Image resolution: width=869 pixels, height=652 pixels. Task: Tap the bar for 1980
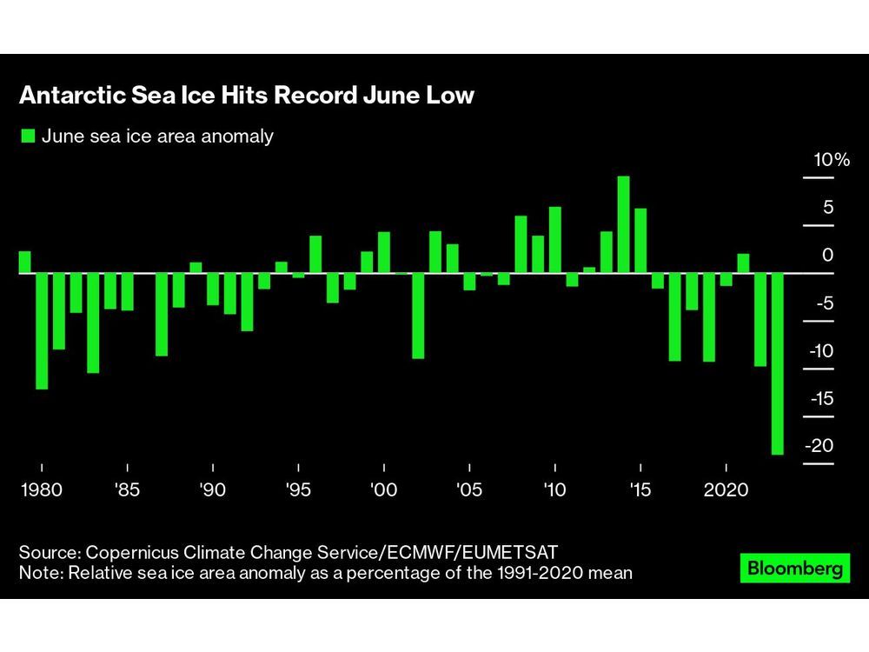(x=42, y=330)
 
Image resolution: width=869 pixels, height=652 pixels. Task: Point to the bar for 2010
(x=554, y=240)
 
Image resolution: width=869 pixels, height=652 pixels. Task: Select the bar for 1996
(x=315, y=254)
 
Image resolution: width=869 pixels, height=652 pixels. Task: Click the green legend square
(x=28, y=136)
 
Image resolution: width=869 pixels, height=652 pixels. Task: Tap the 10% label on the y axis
(x=830, y=160)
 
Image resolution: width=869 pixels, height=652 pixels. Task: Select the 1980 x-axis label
(x=42, y=490)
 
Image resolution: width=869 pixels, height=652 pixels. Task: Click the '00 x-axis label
(x=383, y=490)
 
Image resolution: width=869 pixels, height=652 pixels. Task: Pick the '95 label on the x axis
(x=298, y=490)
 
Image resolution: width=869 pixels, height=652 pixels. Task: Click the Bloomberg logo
(x=794, y=569)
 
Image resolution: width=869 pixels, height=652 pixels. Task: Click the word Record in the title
(x=315, y=96)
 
